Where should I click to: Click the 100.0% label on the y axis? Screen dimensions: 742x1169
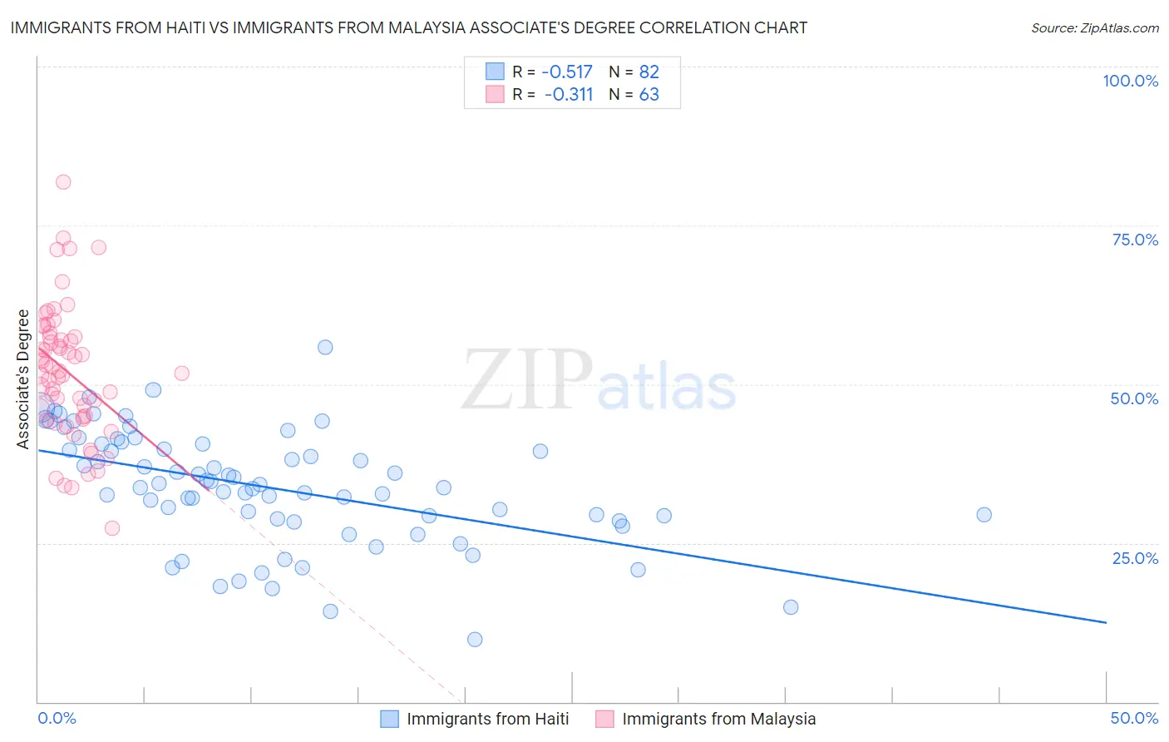(x=1130, y=81)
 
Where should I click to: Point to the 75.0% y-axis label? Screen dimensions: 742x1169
(x=1135, y=240)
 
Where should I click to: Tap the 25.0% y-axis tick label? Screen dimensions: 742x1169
(x=1135, y=557)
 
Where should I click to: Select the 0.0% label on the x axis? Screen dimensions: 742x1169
(x=57, y=718)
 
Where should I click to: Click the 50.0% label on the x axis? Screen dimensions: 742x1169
(x=1134, y=718)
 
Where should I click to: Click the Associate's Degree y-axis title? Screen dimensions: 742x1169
(x=23, y=379)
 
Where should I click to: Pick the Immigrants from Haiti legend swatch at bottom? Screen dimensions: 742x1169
(x=389, y=719)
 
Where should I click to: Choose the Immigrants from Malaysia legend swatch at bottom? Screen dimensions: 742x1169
(x=604, y=719)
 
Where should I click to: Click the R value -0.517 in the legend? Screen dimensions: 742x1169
(x=567, y=72)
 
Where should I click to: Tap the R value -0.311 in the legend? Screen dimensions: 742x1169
(x=569, y=94)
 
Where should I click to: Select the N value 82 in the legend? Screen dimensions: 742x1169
(x=649, y=72)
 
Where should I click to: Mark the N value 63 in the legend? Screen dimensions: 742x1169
(x=649, y=94)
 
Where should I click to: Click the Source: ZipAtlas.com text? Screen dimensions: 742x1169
(x=1094, y=28)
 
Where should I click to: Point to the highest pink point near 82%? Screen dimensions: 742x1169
(x=63, y=182)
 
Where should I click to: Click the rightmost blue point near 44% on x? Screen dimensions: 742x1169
(x=984, y=515)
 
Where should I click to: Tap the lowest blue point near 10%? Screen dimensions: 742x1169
(x=475, y=640)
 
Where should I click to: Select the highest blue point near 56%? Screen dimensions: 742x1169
(x=325, y=347)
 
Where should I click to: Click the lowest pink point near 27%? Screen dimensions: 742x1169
(x=112, y=528)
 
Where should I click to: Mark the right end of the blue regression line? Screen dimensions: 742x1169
(x=1106, y=622)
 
